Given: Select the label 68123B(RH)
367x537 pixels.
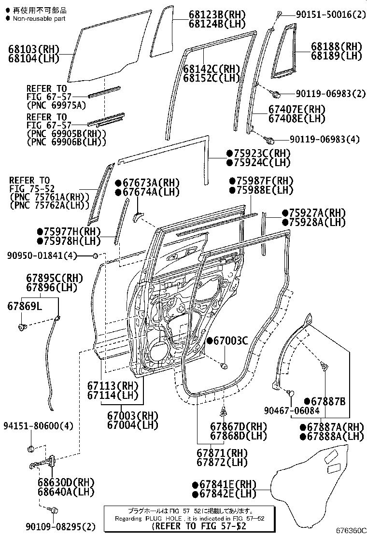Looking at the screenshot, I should (x=210, y=14).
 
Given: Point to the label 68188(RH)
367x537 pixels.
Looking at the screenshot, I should (x=336, y=46).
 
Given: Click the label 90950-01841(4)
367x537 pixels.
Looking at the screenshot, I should (x=42, y=255).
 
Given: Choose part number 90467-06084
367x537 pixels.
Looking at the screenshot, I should (x=292, y=410).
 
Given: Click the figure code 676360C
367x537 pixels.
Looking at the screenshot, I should (x=348, y=530).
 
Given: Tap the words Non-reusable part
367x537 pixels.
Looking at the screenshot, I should (x=39, y=19).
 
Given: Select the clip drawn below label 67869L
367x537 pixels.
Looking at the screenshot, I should (x=22, y=327).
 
